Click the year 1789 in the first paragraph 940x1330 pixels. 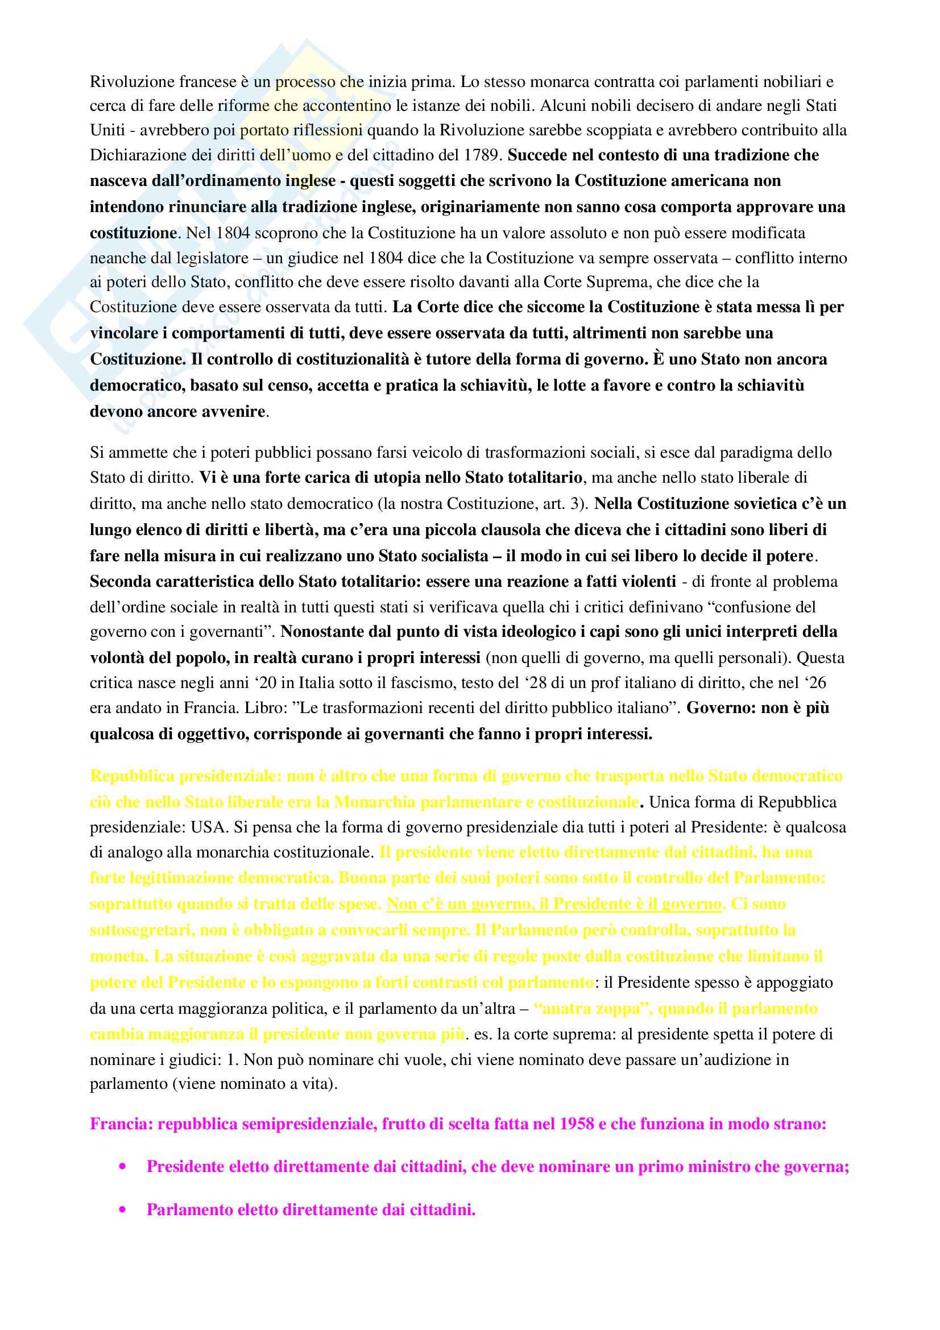pyautogui.click(x=483, y=155)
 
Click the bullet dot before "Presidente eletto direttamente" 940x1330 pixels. pyautogui.click(x=122, y=1167)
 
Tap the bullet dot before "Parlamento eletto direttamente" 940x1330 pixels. pyautogui.click(x=122, y=1209)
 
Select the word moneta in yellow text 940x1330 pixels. pyautogui.click(x=118, y=956)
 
